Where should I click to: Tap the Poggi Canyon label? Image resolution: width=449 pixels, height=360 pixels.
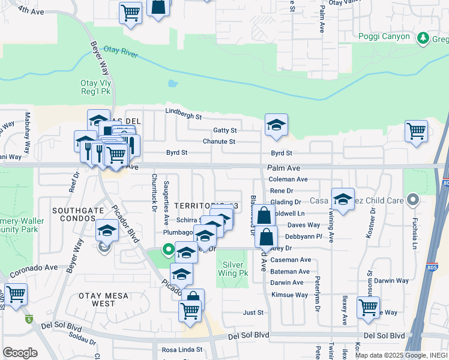[384, 37]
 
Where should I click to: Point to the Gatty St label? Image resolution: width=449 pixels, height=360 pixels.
[225, 130]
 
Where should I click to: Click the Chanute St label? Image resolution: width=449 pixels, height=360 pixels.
[219, 142]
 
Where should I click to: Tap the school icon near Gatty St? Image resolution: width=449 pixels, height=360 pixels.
[276, 125]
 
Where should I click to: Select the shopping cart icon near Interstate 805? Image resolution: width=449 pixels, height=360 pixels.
[416, 130]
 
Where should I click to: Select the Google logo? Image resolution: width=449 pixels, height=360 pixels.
[20, 353]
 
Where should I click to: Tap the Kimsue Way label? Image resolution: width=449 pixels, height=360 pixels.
[289, 295]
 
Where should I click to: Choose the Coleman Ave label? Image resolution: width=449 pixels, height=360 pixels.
[288, 179]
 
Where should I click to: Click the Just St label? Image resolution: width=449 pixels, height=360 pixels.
[253, 313]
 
